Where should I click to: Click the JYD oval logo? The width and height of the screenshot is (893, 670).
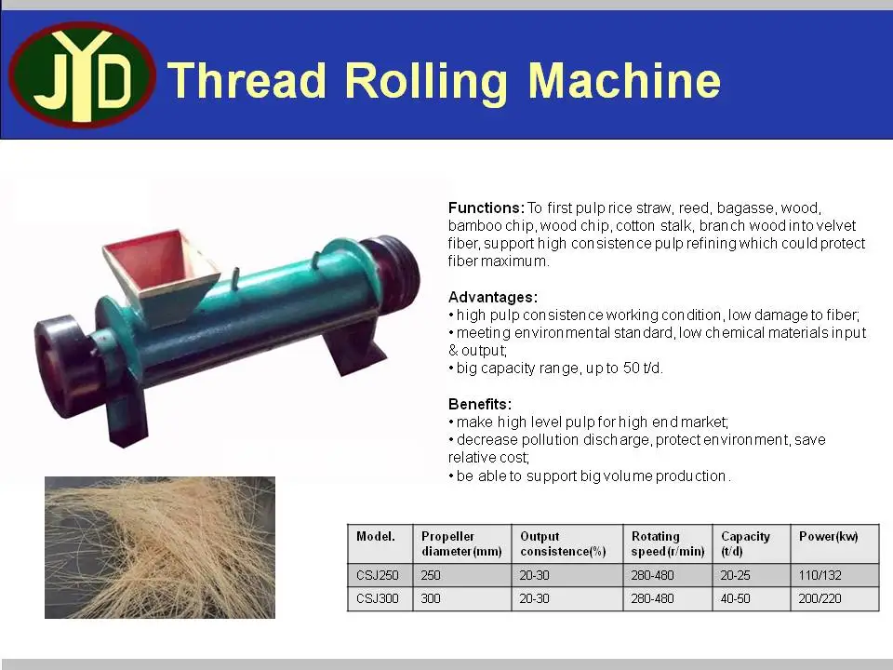coord(82,74)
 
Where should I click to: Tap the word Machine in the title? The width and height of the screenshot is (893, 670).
coord(624,81)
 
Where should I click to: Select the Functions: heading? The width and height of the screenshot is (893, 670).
coord(486,208)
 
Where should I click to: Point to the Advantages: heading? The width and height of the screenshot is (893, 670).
coord(493,297)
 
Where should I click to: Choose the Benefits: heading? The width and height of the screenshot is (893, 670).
coord(480,405)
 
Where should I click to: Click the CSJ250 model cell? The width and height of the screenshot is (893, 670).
coord(378,576)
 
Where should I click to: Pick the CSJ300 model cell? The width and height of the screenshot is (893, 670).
coord(378,598)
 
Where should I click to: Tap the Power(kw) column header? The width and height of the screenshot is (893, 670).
coord(829,537)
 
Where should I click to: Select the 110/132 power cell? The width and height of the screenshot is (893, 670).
coord(820,576)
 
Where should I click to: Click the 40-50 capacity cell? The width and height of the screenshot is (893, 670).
coord(736,598)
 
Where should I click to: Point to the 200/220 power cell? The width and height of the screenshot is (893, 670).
coord(820,598)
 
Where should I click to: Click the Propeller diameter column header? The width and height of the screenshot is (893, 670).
coord(461,543)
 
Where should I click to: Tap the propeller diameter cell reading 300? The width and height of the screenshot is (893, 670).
coord(431,598)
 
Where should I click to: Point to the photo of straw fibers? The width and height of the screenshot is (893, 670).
coord(160,547)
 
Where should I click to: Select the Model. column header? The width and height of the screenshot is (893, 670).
coord(376,537)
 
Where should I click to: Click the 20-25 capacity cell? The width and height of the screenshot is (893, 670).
coord(736,576)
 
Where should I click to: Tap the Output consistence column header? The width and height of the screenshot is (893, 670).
coord(563,543)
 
